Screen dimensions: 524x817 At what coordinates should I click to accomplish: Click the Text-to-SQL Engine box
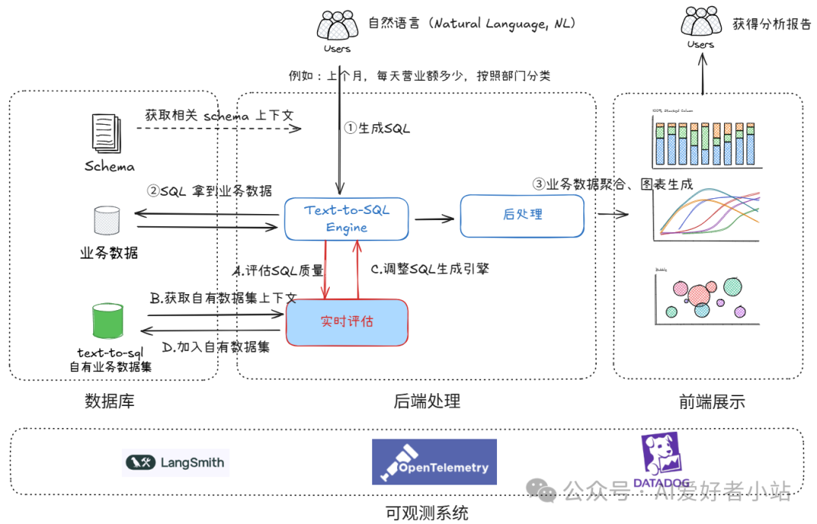[x=346, y=219]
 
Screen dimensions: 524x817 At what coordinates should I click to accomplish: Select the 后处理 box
[x=522, y=215]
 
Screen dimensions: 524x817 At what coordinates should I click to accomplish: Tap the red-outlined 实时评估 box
[x=346, y=322]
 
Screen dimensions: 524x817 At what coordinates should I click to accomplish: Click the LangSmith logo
[x=176, y=462]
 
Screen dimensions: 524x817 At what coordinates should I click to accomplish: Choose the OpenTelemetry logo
[x=434, y=462]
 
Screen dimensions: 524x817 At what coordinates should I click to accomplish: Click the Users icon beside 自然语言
[x=337, y=27]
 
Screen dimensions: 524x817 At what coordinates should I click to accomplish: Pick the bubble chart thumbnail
[x=704, y=297]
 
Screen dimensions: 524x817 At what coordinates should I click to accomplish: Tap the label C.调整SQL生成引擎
[x=430, y=268]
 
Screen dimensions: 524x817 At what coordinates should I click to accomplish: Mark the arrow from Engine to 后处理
[x=434, y=219]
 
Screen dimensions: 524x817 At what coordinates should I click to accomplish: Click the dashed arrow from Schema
[x=219, y=129]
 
